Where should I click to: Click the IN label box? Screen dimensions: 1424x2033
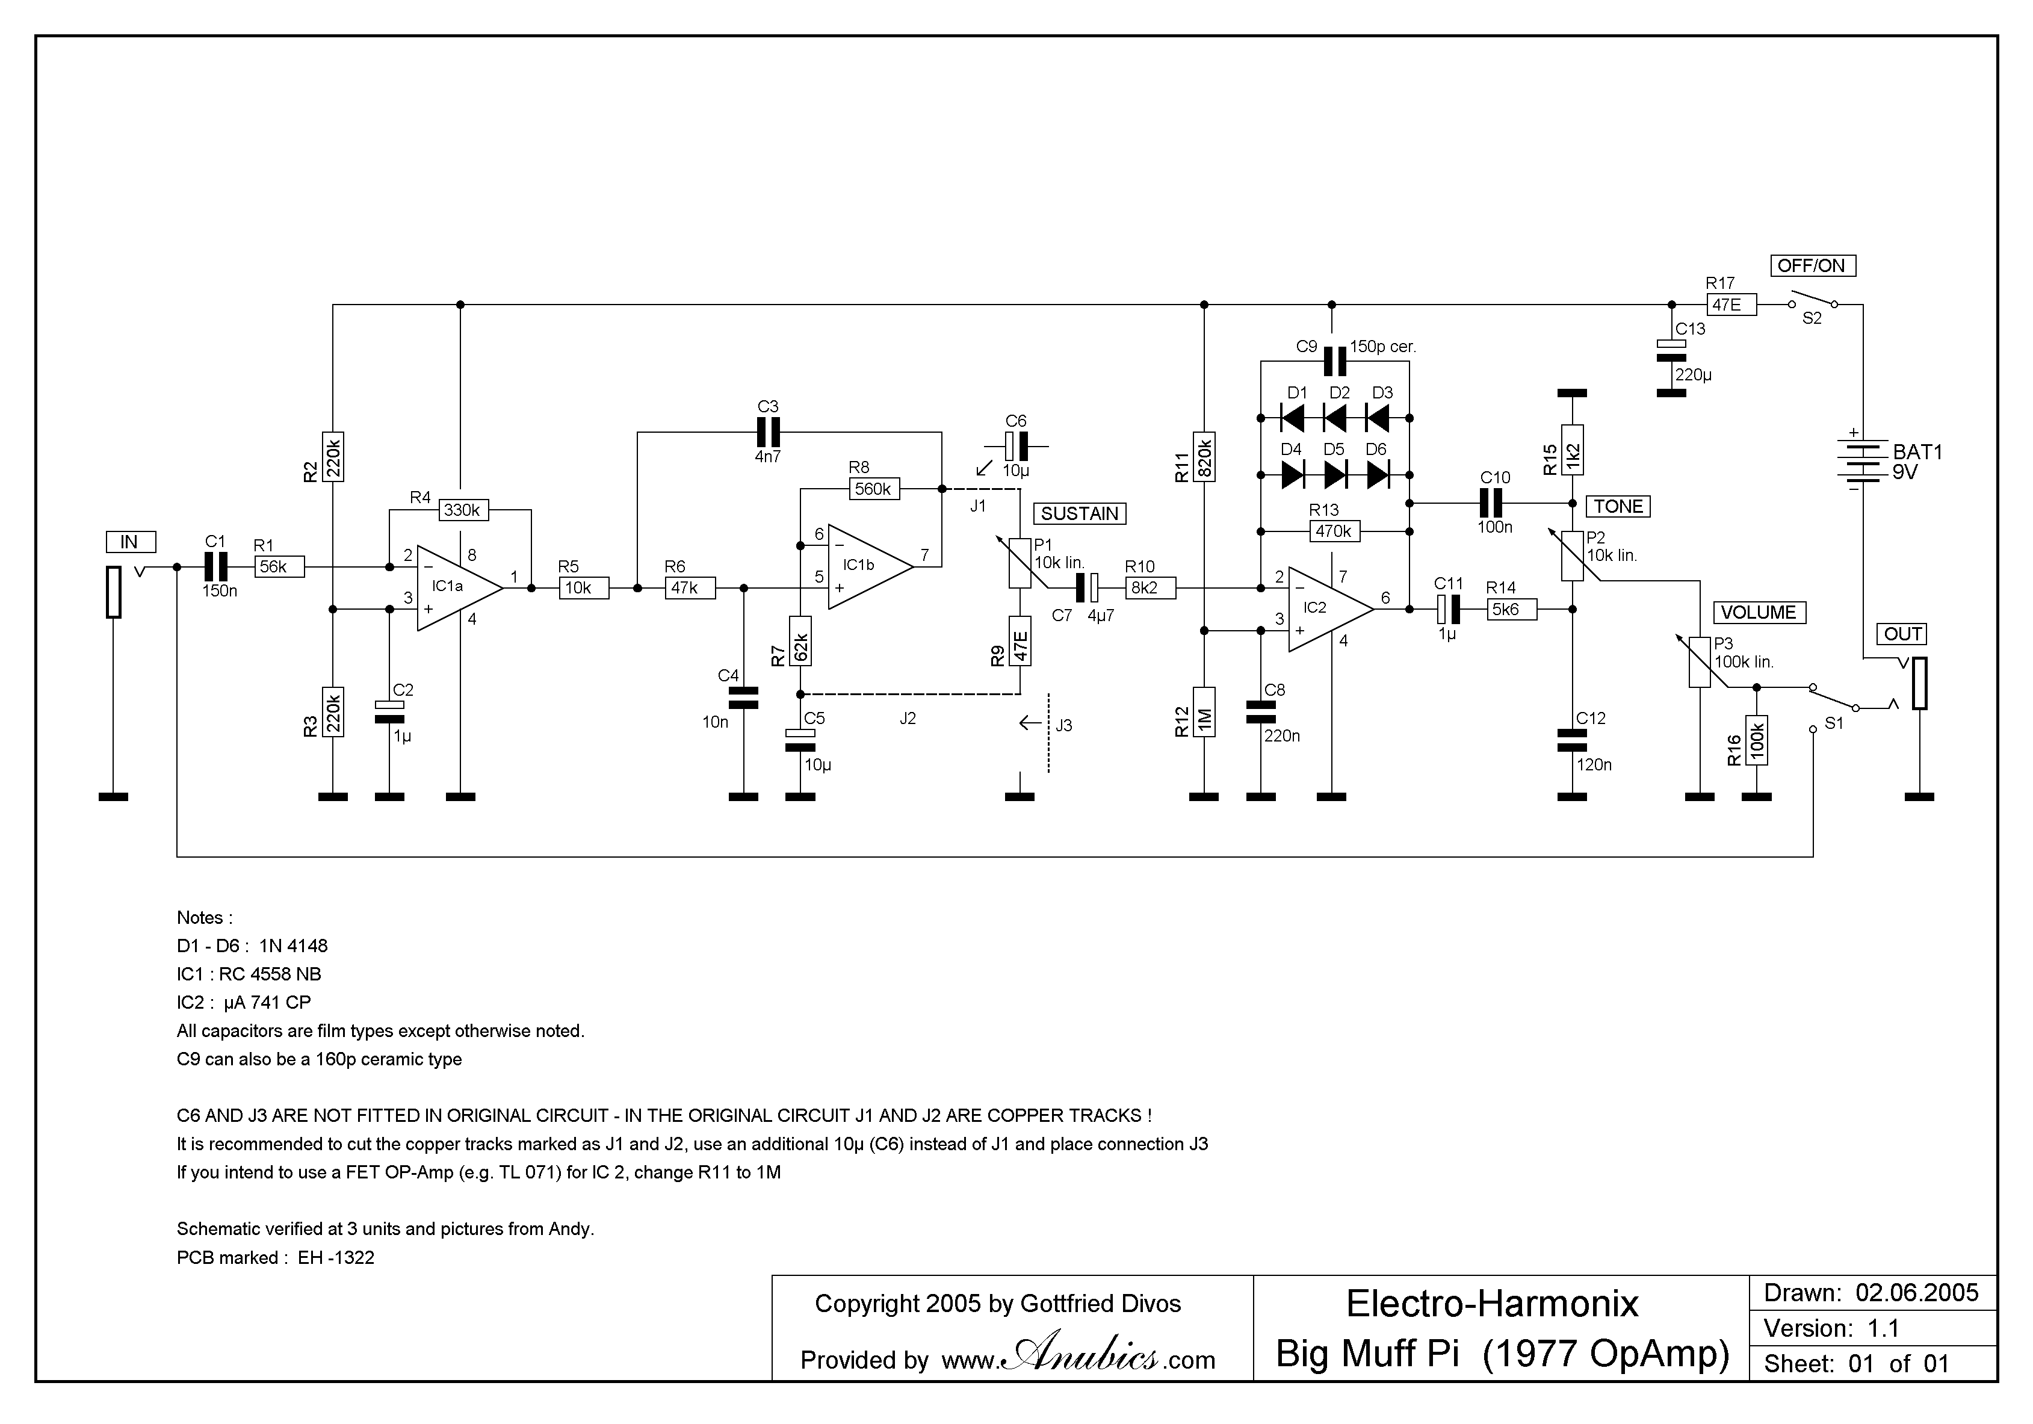[x=130, y=542]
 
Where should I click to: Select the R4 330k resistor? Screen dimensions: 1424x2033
[x=463, y=510]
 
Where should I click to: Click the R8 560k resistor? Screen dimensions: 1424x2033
[x=874, y=489]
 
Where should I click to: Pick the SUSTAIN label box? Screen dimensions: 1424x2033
[x=1079, y=513]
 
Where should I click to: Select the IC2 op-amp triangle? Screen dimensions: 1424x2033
[x=1327, y=608]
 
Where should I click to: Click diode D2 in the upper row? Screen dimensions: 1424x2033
[x=1335, y=418]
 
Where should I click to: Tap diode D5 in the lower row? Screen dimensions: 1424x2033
[x=1335, y=475]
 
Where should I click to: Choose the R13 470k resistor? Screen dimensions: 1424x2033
[x=1334, y=531]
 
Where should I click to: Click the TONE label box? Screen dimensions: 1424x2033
[x=1618, y=507]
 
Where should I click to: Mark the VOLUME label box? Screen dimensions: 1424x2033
[x=1759, y=613]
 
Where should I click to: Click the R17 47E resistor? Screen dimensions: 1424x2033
[x=1730, y=305]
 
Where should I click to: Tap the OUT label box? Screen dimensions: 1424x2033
[x=1902, y=634]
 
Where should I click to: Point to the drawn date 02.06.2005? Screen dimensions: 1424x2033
[x=1917, y=1293]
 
